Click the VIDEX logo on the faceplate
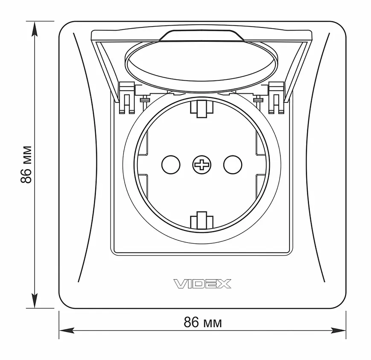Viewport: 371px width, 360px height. click(x=202, y=284)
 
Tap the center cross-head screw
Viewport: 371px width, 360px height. click(x=202, y=165)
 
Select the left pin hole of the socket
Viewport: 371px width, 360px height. click(x=171, y=165)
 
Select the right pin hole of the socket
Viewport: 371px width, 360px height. click(x=233, y=165)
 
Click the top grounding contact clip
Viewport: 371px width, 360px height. click(x=202, y=108)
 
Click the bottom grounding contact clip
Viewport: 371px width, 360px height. click(x=202, y=220)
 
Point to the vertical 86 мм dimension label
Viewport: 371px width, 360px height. click(x=26, y=165)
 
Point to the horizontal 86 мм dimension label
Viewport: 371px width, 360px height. click(x=203, y=322)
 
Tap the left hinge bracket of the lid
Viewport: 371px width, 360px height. click(x=127, y=97)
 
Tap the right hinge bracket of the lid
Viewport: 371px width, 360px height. click(x=276, y=97)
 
